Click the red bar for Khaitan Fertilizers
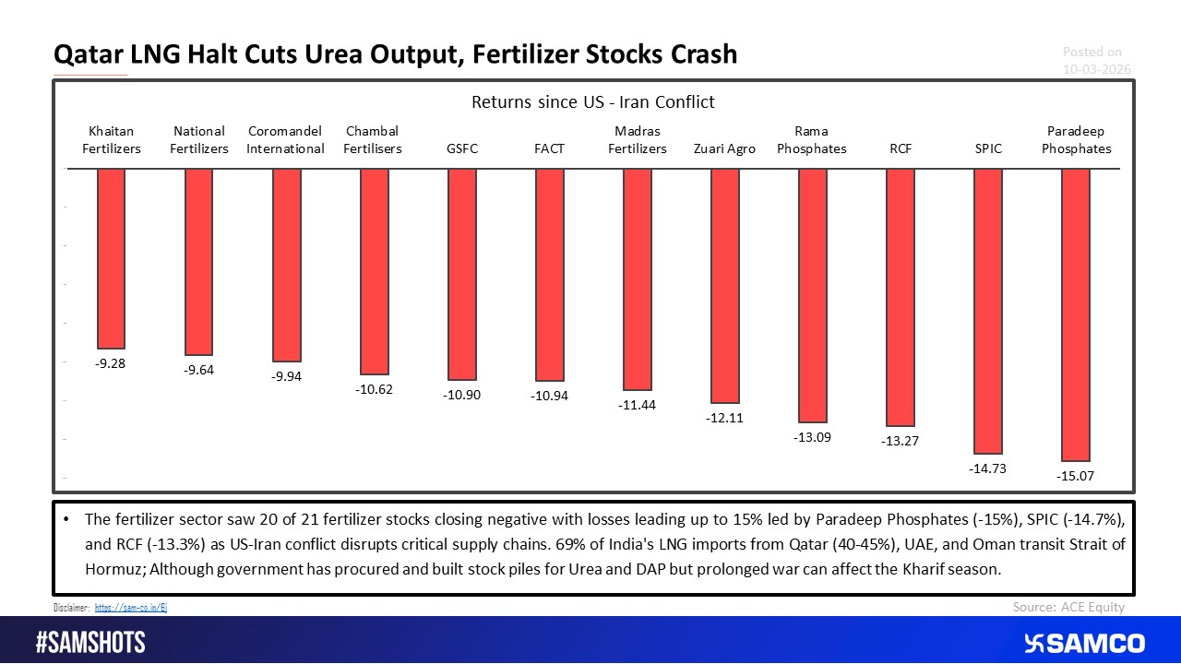click(x=111, y=258)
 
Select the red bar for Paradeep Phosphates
click(x=1076, y=314)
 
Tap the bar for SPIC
click(x=988, y=312)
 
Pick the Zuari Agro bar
click(x=724, y=286)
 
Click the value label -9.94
click(x=286, y=376)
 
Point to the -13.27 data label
click(x=900, y=441)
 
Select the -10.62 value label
click(x=374, y=389)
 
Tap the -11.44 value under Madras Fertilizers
click(x=637, y=405)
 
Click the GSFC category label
click(x=461, y=148)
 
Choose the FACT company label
click(x=549, y=148)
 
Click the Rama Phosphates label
click(x=812, y=140)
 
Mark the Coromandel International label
click(x=286, y=140)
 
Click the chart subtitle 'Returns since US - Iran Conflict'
click(x=593, y=101)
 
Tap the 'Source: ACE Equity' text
click(x=1068, y=606)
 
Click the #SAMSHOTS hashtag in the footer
click(x=90, y=642)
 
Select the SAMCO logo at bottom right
click(x=1084, y=642)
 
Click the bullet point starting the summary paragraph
click(x=68, y=518)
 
